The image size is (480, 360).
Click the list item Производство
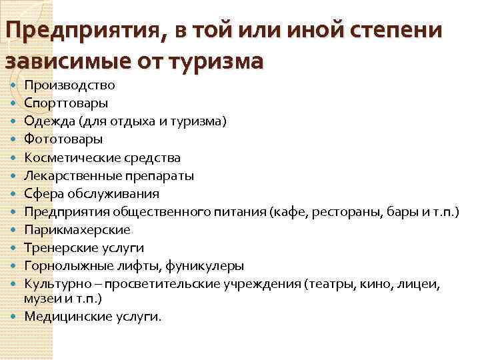69,85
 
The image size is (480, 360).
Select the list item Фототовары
63,139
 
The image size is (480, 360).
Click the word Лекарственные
70,176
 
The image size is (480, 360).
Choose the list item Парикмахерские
77,230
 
